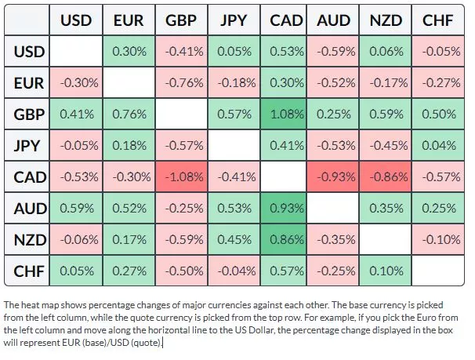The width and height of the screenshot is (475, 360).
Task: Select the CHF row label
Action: click(x=30, y=271)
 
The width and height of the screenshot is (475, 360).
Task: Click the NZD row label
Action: click(x=30, y=240)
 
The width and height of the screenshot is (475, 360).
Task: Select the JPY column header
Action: click(x=232, y=20)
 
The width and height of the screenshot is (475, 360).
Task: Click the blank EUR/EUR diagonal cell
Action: click(x=129, y=82)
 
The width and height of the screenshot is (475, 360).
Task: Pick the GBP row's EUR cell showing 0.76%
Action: click(x=129, y=114)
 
